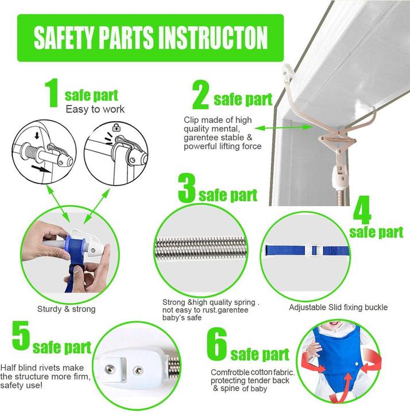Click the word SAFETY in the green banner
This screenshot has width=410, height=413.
[64, 37]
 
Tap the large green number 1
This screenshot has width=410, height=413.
[52, 93]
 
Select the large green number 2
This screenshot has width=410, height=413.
[201, 95]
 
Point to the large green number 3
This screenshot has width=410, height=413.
[187, 188]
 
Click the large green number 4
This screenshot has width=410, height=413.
[362, 210]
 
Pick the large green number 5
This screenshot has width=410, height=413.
[21, 336]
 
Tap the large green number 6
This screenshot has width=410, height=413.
[216, 344]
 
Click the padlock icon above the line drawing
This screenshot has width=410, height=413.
[116, 127]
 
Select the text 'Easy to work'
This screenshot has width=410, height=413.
[95, 109]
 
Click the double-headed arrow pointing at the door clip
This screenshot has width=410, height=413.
[284, 128]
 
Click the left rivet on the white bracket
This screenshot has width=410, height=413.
[110, 369]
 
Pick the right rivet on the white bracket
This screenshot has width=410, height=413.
[138, 371]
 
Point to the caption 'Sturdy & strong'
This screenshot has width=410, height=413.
[66, 309]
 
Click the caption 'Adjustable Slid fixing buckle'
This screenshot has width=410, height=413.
[338, 307]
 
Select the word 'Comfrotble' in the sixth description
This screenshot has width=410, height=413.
[230, 372]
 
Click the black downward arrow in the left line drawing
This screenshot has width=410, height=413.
[37, 135]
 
